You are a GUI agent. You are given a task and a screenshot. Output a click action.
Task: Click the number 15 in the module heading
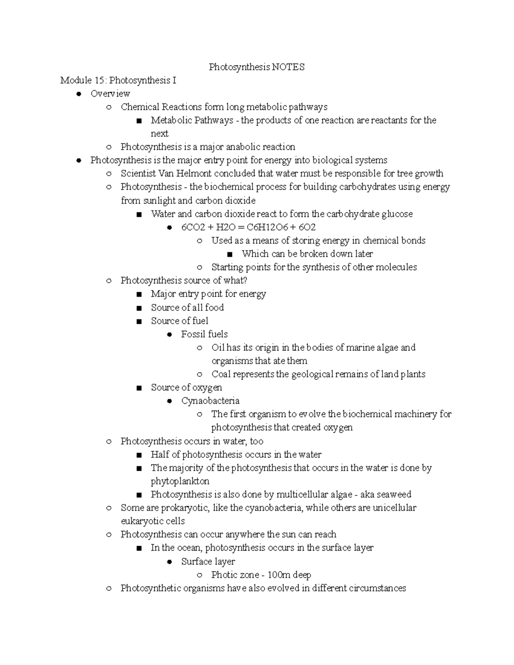[x=101, y=81]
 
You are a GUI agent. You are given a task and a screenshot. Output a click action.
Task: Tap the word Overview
[x=110, y=94]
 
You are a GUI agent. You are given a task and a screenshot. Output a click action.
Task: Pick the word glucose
[x=397, y=214]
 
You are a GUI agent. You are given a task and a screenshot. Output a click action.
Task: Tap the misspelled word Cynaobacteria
[x=210, y=401]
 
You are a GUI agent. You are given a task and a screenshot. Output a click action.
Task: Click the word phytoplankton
[x=180, y=481]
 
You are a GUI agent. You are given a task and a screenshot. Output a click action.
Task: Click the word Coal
[x=221, y=374]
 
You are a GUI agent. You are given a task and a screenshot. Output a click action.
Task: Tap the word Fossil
[x=192, y=334]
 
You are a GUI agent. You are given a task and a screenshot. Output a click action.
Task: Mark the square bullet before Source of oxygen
[x=139, y=388]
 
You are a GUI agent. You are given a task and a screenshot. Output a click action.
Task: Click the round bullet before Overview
[x=78, y=94]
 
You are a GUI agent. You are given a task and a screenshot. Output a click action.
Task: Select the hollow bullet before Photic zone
[x=199, y=575]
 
